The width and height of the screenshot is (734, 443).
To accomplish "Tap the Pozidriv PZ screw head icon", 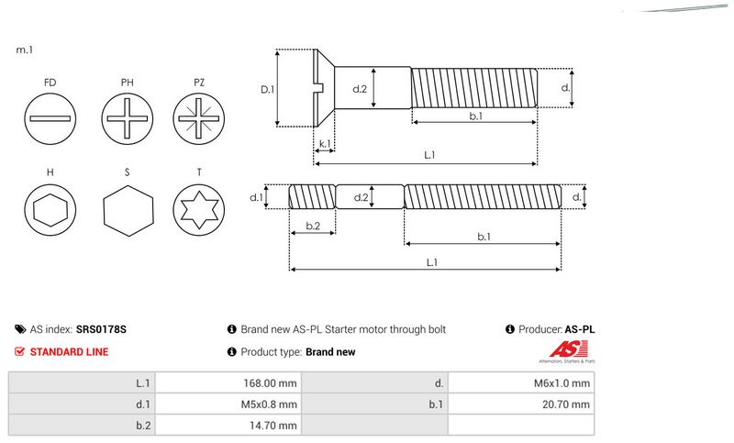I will pyautogui.click(x=199, y=120).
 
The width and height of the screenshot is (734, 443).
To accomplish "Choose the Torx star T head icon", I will pyautogui.click(x=199, y=212).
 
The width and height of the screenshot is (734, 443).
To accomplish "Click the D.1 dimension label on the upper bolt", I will pyautogui.click(x=267, y=89).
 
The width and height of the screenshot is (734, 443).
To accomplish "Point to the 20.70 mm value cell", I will pyautogui.click(x=566, y=404).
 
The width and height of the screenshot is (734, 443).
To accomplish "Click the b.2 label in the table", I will pyautogui.click(x=142, y=425).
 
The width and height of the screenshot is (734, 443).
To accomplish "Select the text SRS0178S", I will pyautogui.click(x=102, y=329).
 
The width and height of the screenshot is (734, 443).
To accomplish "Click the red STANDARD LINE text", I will pyautogui.click(x=69, y=351).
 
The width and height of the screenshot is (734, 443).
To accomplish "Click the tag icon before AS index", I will pyautogui.click(x=20, y=329).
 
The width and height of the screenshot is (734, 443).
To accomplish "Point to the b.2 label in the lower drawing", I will pyautogui.click(x=312, y=226).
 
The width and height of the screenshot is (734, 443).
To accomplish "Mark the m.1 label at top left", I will pyautogui.click(x=25, y=50).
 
